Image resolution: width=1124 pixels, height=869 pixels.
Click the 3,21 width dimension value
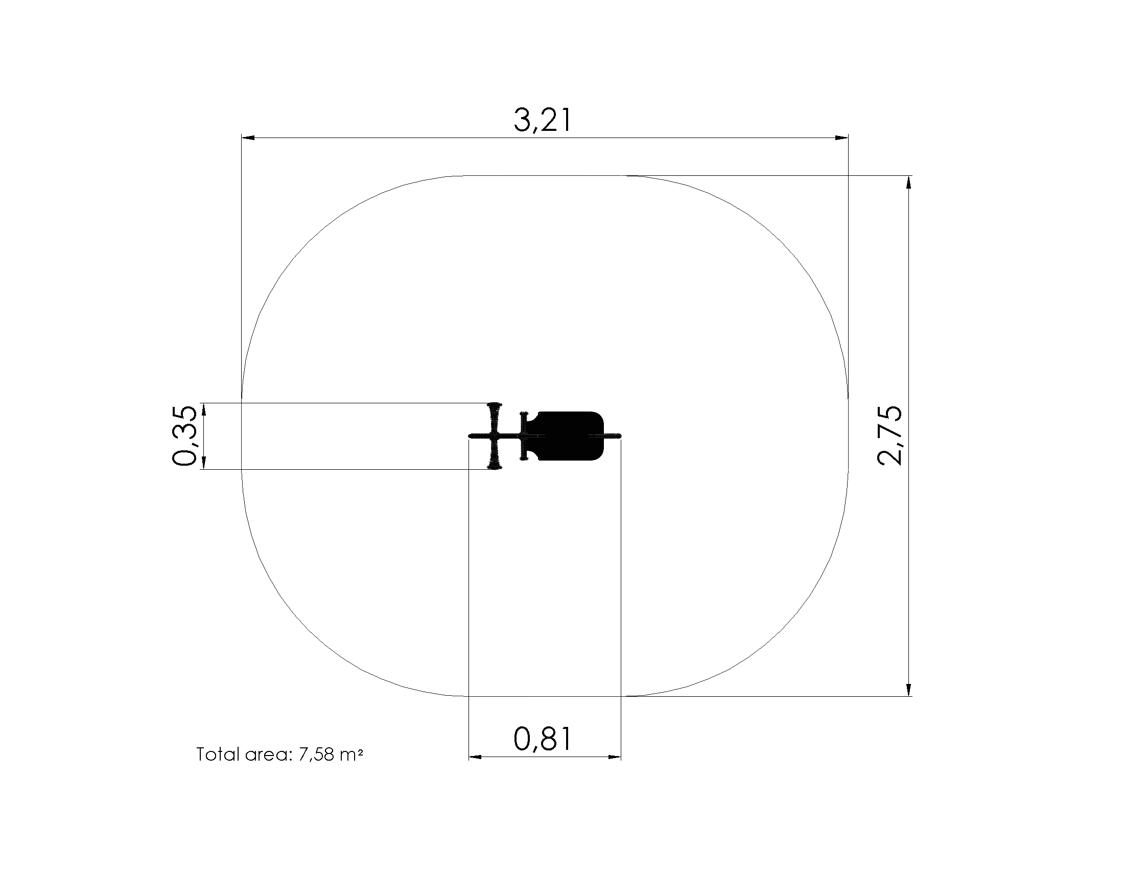click(543, 121)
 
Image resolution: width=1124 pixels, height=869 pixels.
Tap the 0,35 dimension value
click(184, 436)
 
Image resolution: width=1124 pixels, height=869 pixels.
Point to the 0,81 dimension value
click(543, 739)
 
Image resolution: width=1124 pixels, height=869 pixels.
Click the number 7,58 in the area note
click(315, 754)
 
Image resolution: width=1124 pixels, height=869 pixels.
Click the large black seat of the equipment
click(569, 436)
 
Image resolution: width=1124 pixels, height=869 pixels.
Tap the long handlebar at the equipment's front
click(495, 436)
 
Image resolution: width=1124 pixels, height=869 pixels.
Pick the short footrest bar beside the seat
click(524, 436)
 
